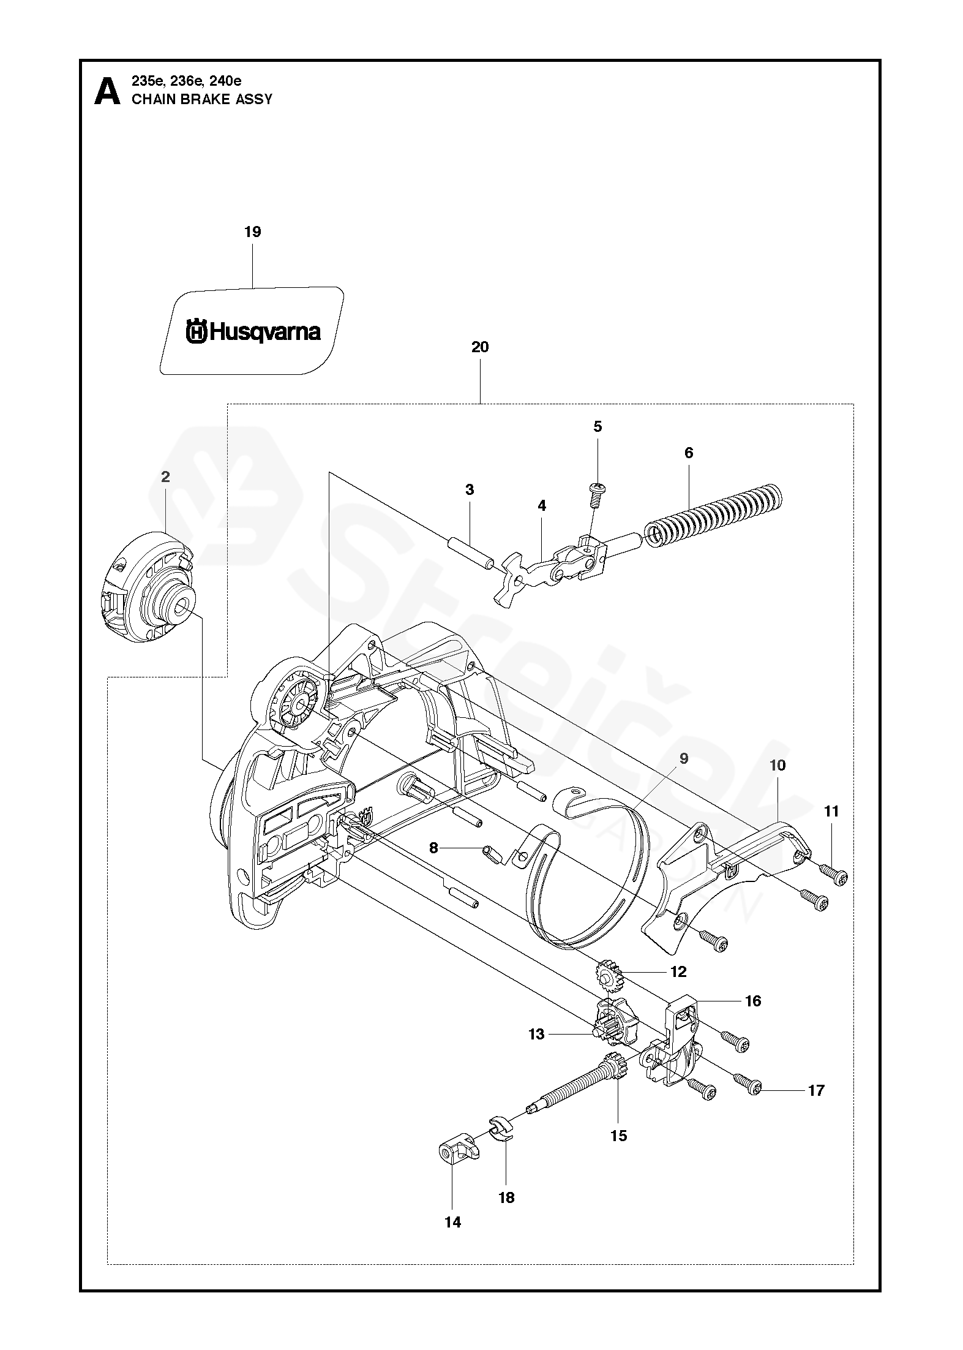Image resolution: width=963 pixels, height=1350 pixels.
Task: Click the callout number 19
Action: click(x=252, y=232)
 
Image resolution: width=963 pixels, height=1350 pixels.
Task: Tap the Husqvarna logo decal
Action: click(x=252, y=331)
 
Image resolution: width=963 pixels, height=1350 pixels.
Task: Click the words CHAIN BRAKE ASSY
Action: click(x=202, y=99)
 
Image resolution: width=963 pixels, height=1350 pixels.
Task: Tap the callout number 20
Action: click(x=480, y=347)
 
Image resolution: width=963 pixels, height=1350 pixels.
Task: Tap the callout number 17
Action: click(x=817, y=1090)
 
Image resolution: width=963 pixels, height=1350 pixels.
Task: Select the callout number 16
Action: click(x=753, y=1001)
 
